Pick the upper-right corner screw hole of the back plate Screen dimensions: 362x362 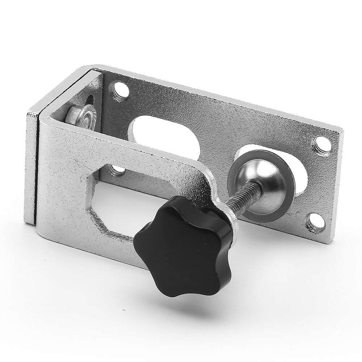pyautogui.click(x=321, y=145)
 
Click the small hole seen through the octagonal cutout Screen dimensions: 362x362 pyautogui.click(x=117, y=169)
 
